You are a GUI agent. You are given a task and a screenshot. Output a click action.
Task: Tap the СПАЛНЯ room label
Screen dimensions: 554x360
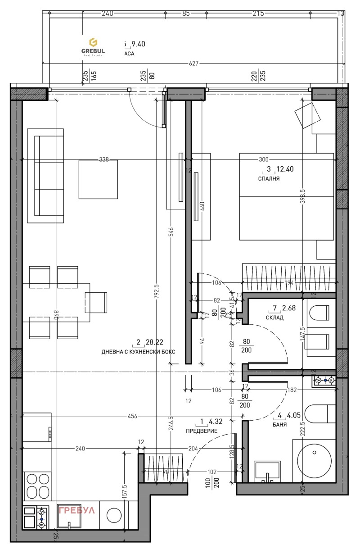tap(269, 178)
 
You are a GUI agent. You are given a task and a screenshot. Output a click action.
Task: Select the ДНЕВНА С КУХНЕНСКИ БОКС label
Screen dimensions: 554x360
tap(138, 352)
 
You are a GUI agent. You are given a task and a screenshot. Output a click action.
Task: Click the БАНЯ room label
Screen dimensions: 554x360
tap(280, 425)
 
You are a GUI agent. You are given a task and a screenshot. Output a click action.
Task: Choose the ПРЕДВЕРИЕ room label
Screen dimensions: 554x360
tap(202, 431)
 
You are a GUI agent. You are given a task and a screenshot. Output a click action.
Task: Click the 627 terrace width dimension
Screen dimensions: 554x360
tap(193, 64)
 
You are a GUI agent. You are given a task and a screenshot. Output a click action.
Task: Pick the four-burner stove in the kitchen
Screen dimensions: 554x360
tap(38, 484)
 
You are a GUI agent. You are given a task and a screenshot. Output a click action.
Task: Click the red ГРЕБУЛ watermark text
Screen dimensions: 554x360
tap(76, 510)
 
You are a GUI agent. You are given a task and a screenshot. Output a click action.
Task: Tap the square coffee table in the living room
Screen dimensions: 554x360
tap(98, 179)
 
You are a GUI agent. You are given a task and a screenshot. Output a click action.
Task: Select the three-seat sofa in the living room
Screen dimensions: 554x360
tap(45, 176)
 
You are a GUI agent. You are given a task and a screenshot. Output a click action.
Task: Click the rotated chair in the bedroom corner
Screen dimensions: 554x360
tap(309, 116)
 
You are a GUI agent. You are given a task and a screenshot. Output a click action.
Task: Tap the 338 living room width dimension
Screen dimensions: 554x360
tap(103, 159)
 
